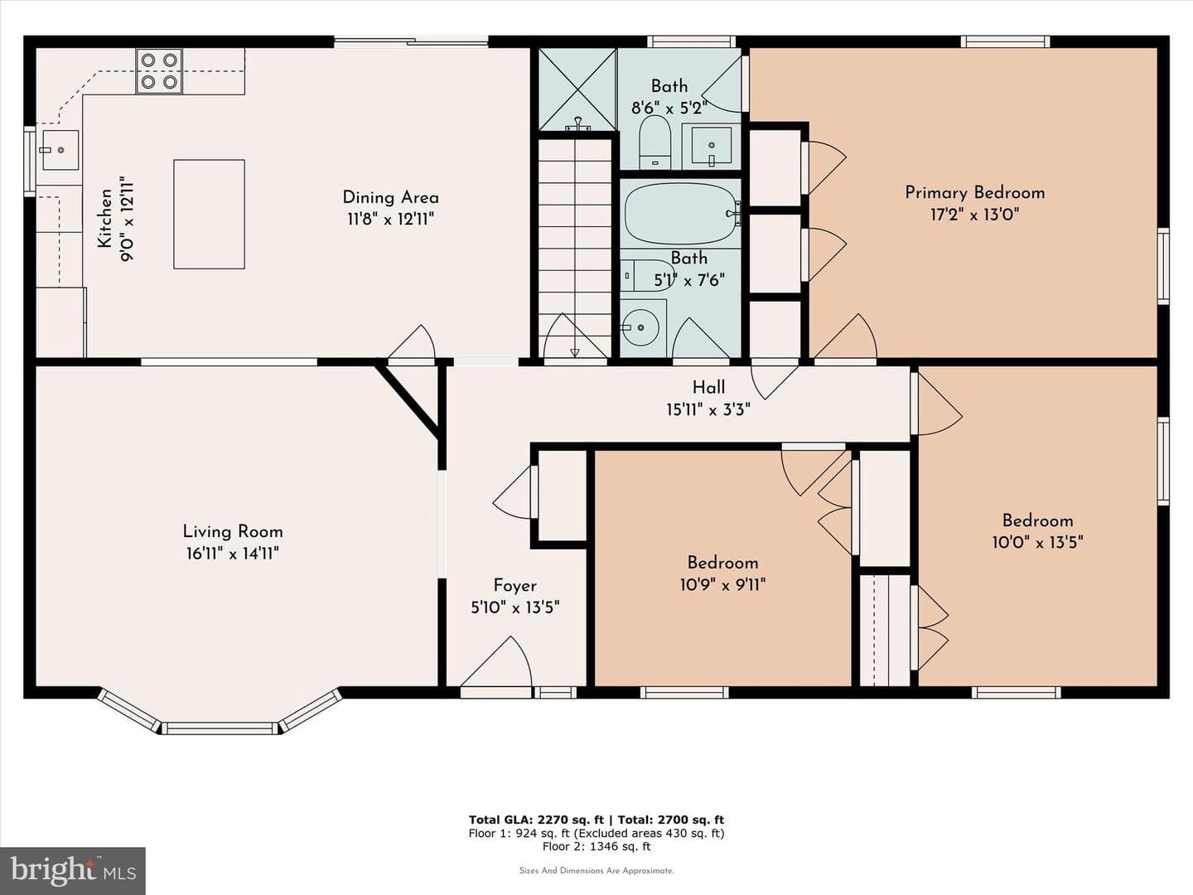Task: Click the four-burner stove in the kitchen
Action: [159, 71]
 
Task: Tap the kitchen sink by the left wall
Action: [60, 150]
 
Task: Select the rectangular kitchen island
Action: [210, 214]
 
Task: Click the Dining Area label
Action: [391, 197]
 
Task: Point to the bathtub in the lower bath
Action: [680, 214]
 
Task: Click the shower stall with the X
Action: [577, 89]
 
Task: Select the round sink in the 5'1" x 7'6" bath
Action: [640, 327]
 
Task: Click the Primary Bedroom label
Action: [974, 193]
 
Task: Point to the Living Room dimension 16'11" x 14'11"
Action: [233, 554]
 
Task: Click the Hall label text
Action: [708, 388]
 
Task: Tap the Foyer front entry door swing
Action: [496, 661]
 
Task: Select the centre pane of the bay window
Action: [220, 728]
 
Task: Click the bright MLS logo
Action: [72, 871]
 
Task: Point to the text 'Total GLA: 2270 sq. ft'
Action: [532, 820]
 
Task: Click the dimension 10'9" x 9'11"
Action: [723, 585]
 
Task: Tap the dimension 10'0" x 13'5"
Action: [1037, 542]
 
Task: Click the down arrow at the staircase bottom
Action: [574, 353]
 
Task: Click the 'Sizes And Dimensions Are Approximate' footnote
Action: [596, 870]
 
